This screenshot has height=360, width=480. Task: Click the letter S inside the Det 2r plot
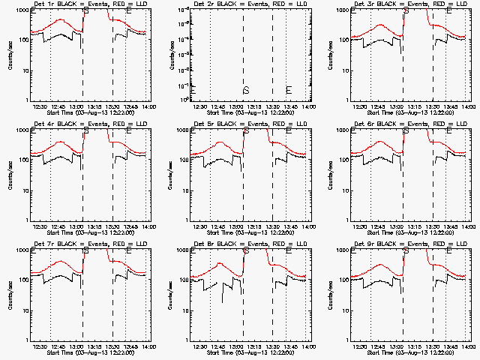point(245,90)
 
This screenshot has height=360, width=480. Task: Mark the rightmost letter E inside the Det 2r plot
point(289,90)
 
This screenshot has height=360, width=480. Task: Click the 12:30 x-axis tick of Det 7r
point(40,346)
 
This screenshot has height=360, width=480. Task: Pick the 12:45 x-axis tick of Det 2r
point(218,106)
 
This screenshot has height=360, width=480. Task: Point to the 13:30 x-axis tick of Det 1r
point(113,106)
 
